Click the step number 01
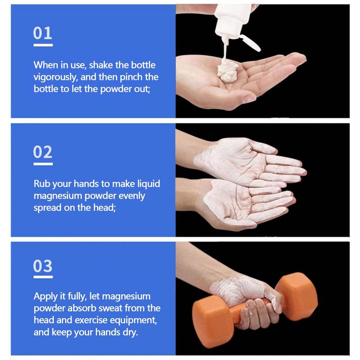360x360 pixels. click(43, 33)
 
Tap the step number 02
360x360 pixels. click(43, 152)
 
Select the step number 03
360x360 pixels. click(43, 266)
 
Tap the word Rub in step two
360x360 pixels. click(41, 184)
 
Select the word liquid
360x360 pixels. click(148, 184)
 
